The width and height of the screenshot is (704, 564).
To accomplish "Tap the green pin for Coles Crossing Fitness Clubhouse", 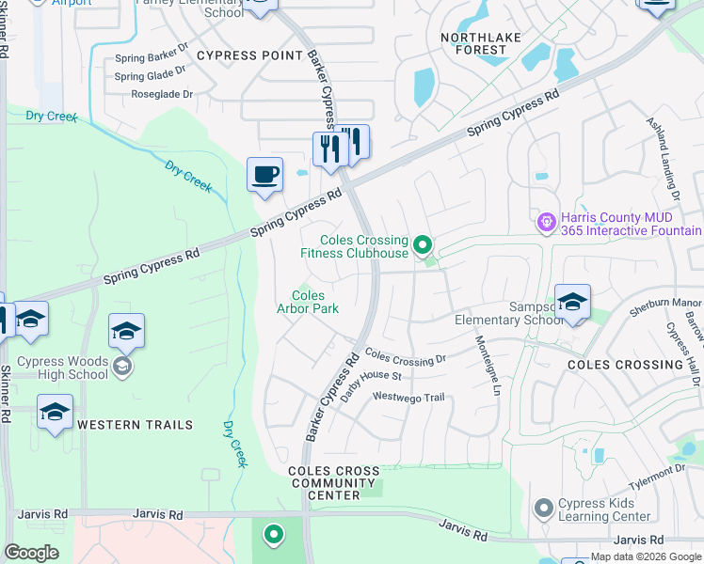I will click(x=423, y=246).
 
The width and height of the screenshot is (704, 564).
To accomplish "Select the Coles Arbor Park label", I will click(x=308, y=302).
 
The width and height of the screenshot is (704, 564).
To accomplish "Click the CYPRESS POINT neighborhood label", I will click(x=250, y=55).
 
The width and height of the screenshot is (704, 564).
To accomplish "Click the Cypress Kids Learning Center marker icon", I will click(x=542, y=509).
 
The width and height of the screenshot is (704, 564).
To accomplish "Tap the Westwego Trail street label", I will click(x=408, y=398).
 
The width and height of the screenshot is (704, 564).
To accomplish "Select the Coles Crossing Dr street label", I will click(x=405, y=358).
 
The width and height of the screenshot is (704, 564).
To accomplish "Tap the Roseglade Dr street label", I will click(x=162, y=94).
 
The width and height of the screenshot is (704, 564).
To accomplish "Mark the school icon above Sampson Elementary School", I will click(x=572, y=302).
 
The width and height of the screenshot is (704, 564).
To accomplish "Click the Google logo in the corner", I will click(x=32, y=553).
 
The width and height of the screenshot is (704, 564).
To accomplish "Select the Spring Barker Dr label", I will click(x=151, y=58).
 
